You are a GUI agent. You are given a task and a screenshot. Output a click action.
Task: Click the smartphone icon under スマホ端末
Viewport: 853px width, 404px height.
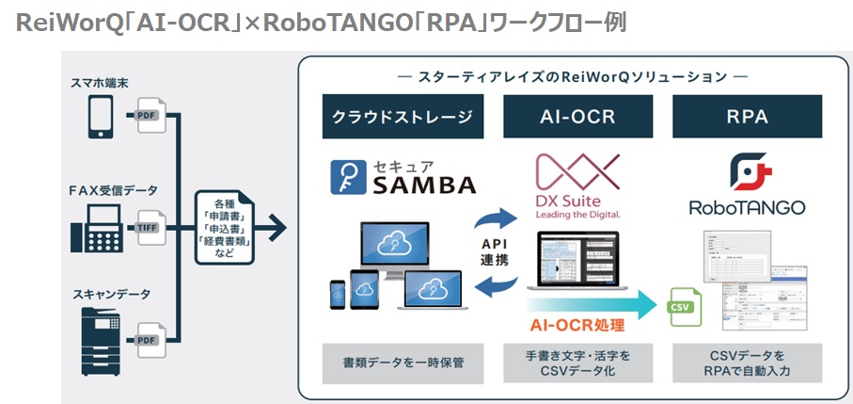click(101, 115)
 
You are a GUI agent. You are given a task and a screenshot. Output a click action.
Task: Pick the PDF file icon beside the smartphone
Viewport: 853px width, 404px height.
click(149, 115)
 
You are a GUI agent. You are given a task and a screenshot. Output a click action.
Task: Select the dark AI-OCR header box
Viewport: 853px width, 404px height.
click(578, 118)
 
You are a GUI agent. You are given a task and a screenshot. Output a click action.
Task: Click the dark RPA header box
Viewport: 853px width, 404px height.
click(747, 118)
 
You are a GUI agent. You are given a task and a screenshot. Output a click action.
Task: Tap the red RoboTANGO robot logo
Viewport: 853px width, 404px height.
click(748, 172)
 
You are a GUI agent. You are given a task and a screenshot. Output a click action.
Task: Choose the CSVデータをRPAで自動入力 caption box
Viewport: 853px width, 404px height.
click(747, 363)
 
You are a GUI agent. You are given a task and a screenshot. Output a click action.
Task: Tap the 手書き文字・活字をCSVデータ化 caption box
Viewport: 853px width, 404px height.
click(578, 363)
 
